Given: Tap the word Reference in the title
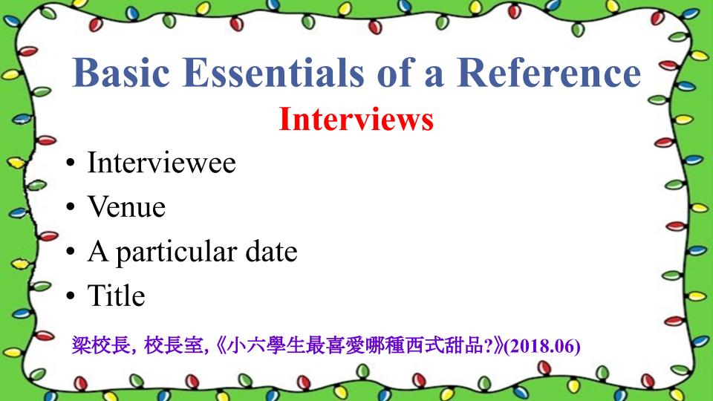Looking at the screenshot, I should coord(548,73).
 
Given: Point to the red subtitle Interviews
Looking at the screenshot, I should coord(356,119).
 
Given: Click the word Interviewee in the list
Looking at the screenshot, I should coord(161,163).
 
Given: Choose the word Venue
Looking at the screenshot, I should coord(126,207).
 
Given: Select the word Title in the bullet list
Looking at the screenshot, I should coord(116,296).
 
